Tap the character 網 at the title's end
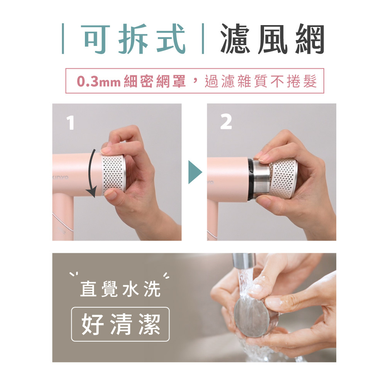(x=308, y=39)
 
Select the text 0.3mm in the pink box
(x=99, y=81)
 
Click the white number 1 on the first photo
(x=70, y=123)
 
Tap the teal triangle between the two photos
(x=195, y=173)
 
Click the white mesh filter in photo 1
(x=114, y=174)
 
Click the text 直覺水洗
(x=120, y=290)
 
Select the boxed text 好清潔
(x=120, y=324)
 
